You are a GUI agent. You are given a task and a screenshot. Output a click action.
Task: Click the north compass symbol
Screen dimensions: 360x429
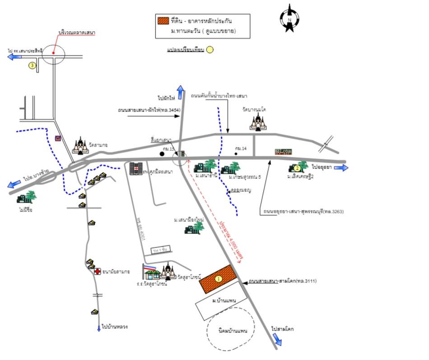click(x=288, y=19)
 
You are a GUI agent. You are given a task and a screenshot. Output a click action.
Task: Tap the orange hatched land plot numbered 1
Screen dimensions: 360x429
click(x=219, y=279)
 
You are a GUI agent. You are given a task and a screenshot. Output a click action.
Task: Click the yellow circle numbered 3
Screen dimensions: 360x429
click(x=32, y=65)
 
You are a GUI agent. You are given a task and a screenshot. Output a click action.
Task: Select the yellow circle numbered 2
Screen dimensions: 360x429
click(x=298, y=168)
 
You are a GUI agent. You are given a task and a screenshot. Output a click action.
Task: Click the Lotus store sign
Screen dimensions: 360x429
click(x=283, y=152)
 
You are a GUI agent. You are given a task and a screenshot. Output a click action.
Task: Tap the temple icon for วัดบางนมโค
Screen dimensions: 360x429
click(x=259, y=122)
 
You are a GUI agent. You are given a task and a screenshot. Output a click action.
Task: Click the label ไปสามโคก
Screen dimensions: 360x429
click(x=283, y=329)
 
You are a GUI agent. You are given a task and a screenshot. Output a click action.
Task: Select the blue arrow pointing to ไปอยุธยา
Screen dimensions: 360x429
click(x=341, y=168)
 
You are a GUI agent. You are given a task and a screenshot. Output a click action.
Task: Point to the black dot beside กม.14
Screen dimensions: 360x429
click(x=236, y=154)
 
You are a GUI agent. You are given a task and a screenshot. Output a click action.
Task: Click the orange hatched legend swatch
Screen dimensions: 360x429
click(x=163, y=20)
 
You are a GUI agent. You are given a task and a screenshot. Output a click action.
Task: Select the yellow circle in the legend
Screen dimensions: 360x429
click(x=210, y=50)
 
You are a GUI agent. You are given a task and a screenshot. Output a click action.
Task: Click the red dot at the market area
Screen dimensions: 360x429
click(x=53, y=53)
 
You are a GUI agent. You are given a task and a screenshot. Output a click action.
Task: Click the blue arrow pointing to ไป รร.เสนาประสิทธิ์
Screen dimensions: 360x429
click(x=14, y=57)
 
